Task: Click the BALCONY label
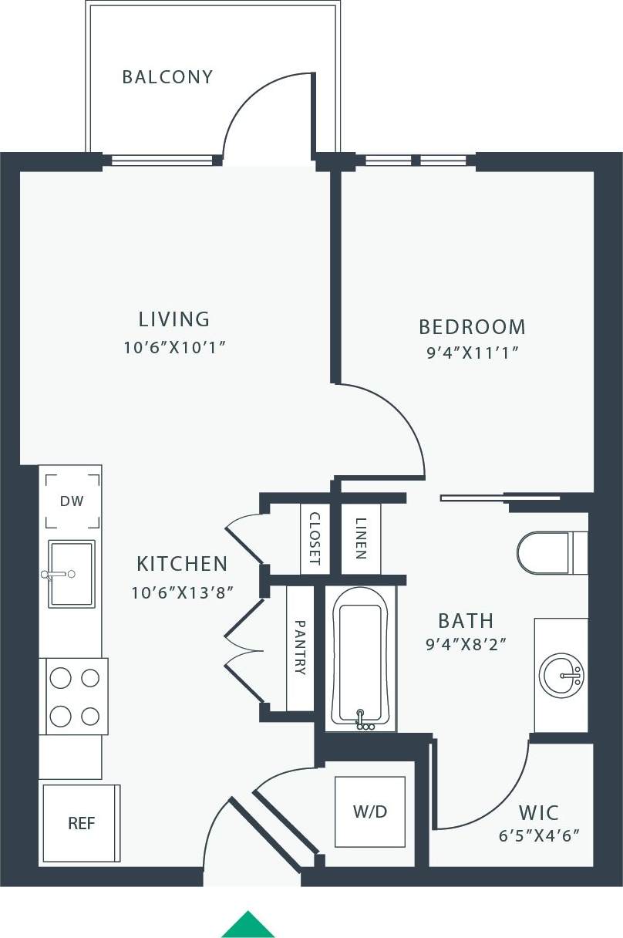pos(167,77)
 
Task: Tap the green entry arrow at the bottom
pos(248,924)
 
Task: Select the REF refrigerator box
pos(81,823)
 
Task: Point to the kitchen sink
pos(72,573)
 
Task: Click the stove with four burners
pos(75,697)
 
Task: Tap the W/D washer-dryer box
pos(369,811)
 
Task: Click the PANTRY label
pos(301,648)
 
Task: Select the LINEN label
pos(361,538)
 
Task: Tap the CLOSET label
pos(315,538)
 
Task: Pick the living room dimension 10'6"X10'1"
pos(173,347)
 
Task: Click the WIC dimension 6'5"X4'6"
pos(538,835)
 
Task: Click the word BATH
pos(466,621)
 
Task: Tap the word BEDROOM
pos(472,327)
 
